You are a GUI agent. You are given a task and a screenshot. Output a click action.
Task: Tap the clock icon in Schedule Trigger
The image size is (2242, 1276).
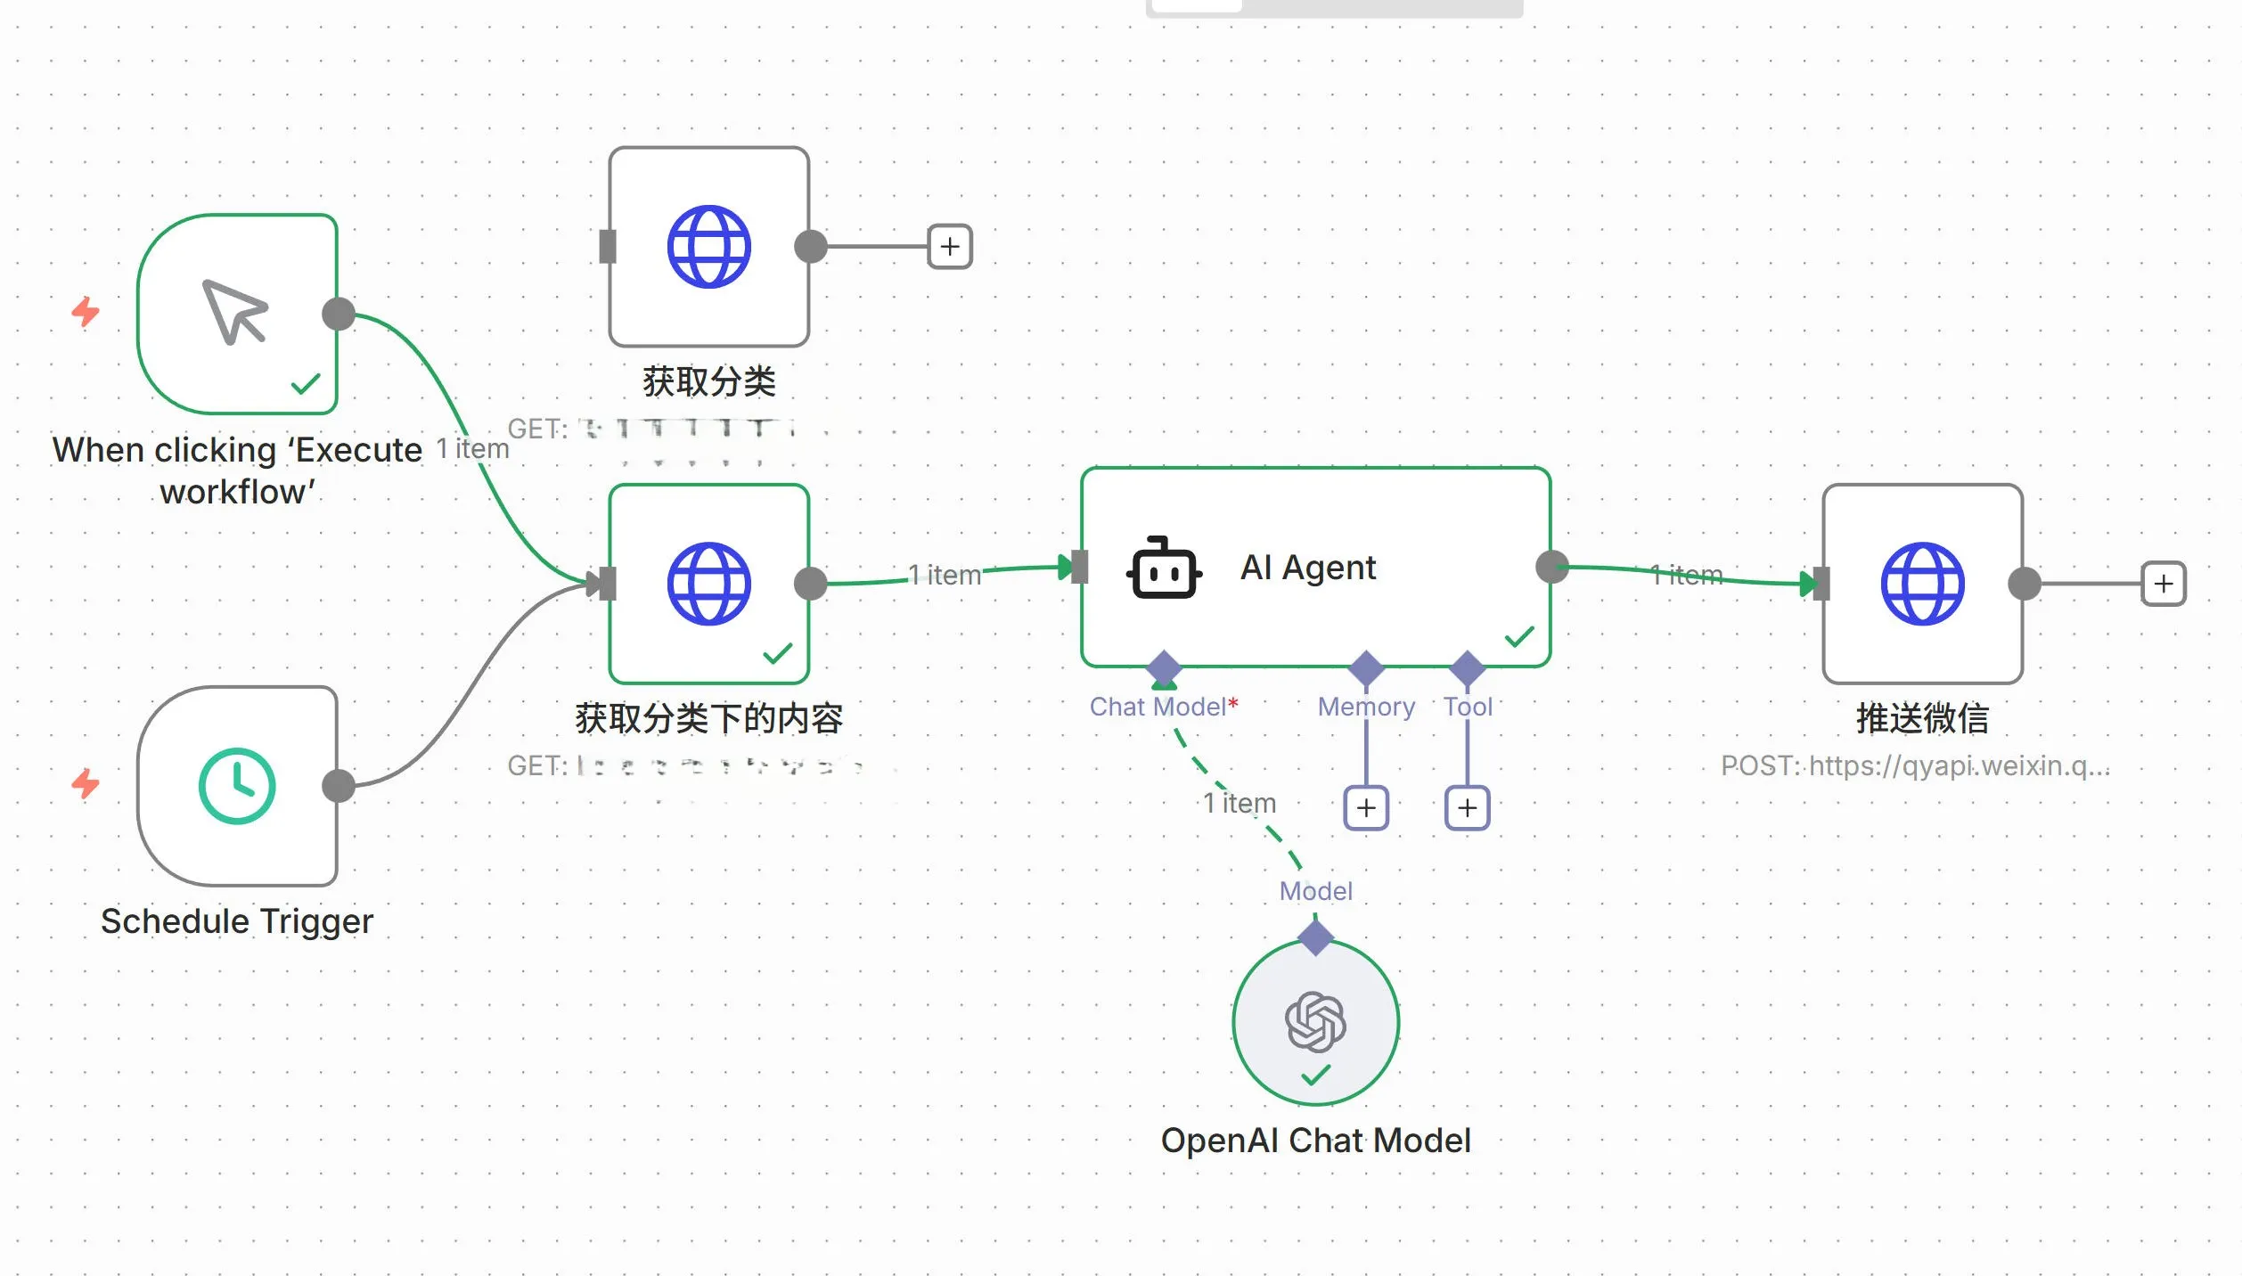(237, 786)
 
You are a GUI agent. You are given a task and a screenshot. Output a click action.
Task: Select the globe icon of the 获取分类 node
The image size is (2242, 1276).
(708, 247)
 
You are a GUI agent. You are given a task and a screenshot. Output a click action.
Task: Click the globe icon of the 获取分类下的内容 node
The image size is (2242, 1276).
(708, 584)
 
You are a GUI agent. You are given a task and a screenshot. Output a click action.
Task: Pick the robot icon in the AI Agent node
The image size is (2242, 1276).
(1164, 568)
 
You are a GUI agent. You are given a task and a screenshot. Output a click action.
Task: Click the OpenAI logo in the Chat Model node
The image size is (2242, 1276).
(1315, 1021)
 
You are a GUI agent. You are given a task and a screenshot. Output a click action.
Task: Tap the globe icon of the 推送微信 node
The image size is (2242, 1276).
(1922, 584)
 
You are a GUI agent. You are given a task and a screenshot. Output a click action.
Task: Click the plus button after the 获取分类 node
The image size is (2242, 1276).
(950, 247)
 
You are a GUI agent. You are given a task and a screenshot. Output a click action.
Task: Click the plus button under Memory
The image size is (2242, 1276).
(1366, 808)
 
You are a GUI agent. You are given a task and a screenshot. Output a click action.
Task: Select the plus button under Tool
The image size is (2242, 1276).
(1467, 808)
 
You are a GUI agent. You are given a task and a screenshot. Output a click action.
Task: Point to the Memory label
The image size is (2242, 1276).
(1366, 707)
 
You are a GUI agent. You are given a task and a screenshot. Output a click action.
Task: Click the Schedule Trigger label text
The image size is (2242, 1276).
(237, 921)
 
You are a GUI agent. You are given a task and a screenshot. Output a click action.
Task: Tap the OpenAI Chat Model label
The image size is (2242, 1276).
(1315, 1141)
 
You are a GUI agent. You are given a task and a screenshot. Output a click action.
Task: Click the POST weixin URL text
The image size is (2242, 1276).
(1915, 765)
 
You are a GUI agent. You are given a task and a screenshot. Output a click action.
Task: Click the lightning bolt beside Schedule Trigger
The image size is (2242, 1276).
(86, 784)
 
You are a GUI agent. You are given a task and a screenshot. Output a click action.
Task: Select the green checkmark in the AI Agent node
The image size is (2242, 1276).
(1519, 636)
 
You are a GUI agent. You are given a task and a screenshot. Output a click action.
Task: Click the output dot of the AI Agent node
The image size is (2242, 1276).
(1552, 567)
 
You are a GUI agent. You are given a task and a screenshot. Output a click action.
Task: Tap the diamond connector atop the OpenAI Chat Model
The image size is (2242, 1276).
(1315, 937)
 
